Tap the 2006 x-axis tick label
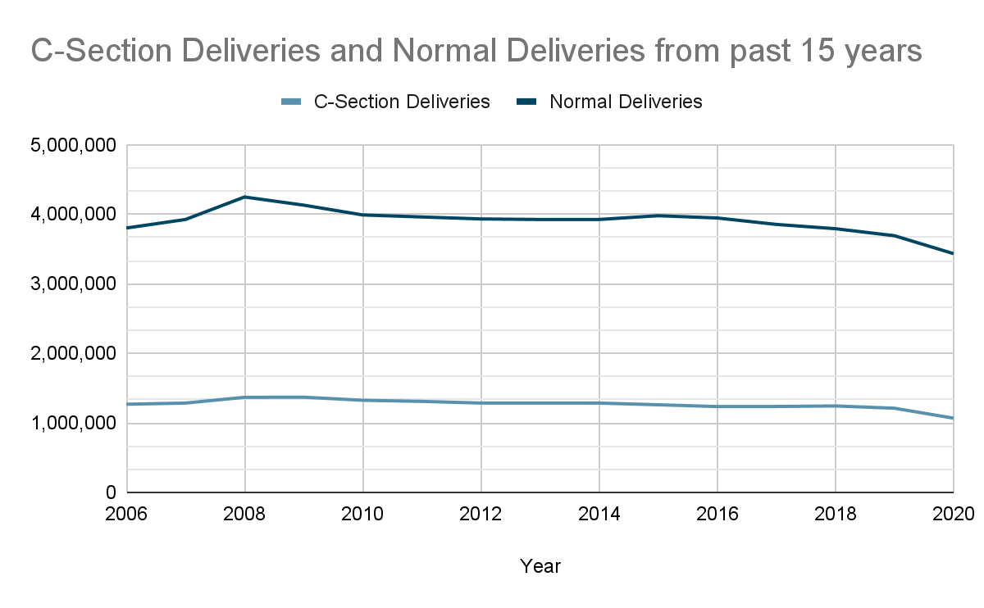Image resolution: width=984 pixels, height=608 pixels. pyautogui.click(x=127, y=515)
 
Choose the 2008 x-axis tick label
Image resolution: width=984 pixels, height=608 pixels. pyautogui.click(x=245, y=515)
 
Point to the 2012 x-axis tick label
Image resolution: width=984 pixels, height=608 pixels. pyautogui.click(x=481, y=515)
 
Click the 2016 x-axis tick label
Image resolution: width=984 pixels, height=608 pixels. pyautogui.click(x=717, y=515)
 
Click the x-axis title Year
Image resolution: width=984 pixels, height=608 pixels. pyautogui.click(x=540, y=566)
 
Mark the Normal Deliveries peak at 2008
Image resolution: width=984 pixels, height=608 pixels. pyautogui.click(x=245, y=197)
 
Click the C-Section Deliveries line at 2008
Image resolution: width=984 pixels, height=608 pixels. pyautogui.click(x=245, y=397)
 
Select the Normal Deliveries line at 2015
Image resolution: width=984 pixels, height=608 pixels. pyautogui.click(x=658, y=216)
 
